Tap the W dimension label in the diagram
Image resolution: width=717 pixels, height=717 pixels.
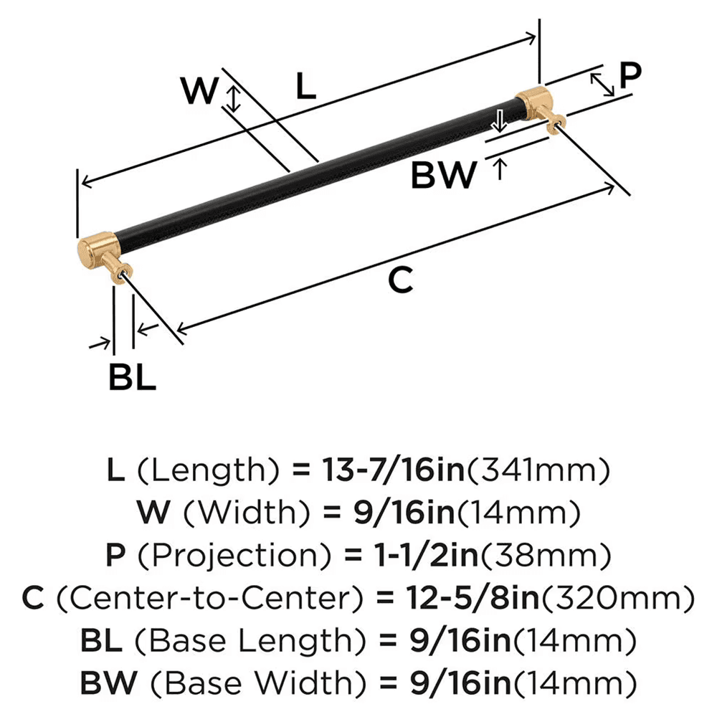tap(198, 91)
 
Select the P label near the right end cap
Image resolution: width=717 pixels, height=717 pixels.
tap(630, 75)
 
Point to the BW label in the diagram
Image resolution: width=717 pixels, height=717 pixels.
tap(444, 175)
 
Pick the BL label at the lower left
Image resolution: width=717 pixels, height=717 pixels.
tap(132, 377)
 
